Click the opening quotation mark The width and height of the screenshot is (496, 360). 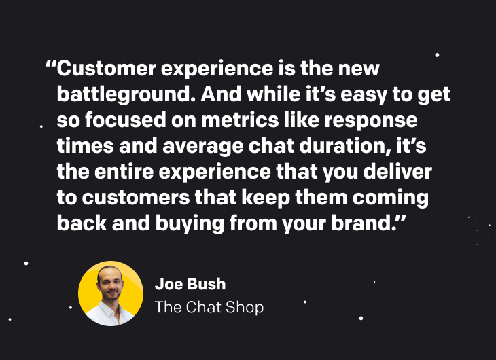coord(50,67)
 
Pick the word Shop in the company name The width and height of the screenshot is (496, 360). coord(246,308)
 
